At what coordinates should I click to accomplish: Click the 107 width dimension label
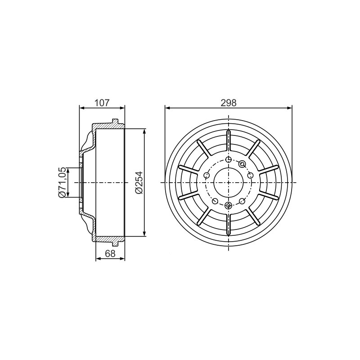[102, 103]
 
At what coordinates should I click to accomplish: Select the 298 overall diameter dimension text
[229, 103]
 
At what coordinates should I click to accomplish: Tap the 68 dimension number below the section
[110, 253]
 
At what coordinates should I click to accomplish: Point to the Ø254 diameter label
[139, 183]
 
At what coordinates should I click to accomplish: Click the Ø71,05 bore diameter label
[62, 183]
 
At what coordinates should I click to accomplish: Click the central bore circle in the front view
[229, 168]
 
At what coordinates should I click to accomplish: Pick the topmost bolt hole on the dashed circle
[229, 160]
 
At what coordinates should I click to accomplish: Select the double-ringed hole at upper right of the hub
[242, 164]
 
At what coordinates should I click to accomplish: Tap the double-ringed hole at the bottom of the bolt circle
[229, 205]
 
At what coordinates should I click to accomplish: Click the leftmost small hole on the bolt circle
[207, 175]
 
